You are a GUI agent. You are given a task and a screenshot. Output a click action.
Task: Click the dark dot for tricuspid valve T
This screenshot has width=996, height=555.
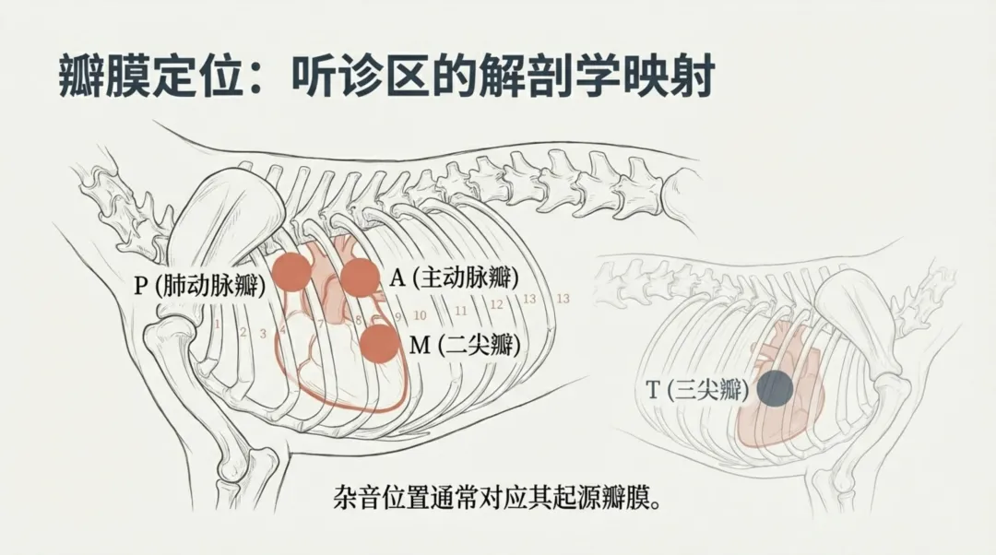775,388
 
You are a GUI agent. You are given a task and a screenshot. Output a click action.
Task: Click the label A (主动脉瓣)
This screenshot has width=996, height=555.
452,277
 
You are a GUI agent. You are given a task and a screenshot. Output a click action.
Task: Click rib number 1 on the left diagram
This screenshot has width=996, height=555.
217,324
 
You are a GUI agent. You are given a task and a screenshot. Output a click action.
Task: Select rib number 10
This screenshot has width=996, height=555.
421,314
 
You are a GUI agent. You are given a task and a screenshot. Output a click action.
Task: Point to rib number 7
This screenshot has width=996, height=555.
320,324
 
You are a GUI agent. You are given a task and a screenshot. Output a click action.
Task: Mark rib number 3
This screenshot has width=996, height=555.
263,333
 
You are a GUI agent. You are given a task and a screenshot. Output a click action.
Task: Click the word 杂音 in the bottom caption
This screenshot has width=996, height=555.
355,501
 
